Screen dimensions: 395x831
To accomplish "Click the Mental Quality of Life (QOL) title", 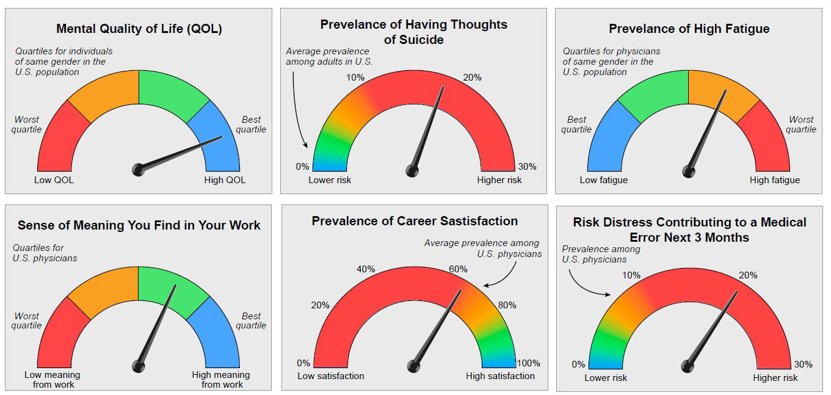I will [139, 29].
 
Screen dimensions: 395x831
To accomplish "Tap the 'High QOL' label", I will [225, 180].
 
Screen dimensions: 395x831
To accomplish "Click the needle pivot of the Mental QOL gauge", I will [139, 169].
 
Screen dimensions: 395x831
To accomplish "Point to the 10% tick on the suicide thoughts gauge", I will [355, 78].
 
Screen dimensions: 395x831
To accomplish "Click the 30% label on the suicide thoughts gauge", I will [527, 167].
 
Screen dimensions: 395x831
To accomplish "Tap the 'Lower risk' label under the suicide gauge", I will [330, 180].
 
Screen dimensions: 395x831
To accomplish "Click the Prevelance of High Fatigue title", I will [689, 29].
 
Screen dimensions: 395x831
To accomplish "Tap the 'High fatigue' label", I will [774, 180].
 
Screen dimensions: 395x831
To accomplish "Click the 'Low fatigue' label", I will [603, 180].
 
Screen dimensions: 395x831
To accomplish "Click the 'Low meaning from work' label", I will [52, 379].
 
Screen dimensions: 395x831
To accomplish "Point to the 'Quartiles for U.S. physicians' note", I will [45, 253].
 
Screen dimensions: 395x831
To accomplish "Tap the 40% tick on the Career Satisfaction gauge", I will [365, 269].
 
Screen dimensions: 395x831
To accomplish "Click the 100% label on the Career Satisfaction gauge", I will [528, 363].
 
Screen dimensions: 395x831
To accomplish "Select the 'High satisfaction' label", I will [500, 376].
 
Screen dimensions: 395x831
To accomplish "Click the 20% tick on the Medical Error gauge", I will [748, 275].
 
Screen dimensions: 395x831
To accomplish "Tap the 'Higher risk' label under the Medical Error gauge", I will [775, 378].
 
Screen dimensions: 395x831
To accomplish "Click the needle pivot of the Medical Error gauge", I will [688, 366].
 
